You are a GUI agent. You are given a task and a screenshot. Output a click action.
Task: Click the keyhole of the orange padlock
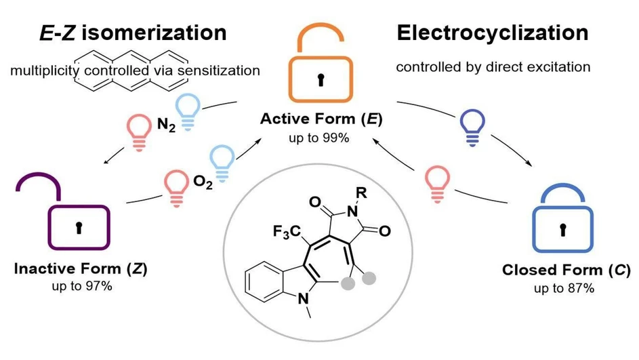click(x=321, y=79)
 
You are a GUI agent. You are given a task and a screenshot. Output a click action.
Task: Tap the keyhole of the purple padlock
click(x=78, y=228)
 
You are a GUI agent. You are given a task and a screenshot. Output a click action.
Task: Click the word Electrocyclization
click(x=492, y=32)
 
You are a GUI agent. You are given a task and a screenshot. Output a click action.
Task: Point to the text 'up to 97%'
click(x=81, y=285)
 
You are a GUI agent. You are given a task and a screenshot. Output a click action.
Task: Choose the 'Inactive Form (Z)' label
click(x=81, y=268)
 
